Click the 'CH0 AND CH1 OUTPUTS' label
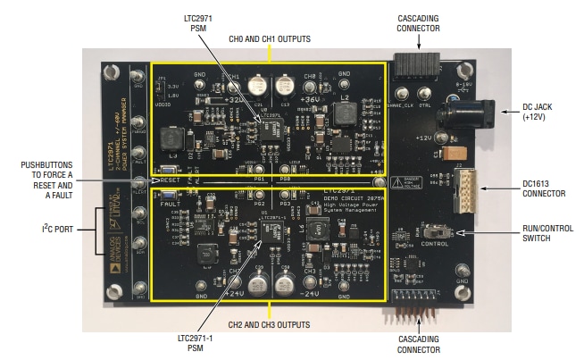pos(270,39)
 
